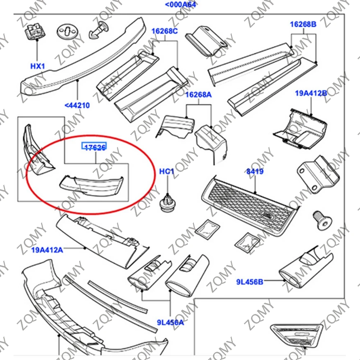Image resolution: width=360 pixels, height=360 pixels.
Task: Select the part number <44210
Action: point(77,106)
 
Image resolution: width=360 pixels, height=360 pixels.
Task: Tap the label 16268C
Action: point(164,31)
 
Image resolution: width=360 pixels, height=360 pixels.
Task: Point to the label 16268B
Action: point(303,24)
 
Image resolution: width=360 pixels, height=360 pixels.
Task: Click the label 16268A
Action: point(199,95)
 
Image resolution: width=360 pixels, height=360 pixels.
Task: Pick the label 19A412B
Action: point(311,94)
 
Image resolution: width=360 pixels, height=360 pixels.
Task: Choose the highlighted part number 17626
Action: point(95,147)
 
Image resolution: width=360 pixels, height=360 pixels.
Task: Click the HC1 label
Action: point(167,172)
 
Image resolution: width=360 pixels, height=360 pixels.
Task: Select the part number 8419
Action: point(255,172)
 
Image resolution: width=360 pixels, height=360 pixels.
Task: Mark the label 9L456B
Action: point(250,282)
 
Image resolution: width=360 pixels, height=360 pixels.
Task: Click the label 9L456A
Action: point(170,322)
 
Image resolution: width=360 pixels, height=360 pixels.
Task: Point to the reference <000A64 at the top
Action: point(181,5)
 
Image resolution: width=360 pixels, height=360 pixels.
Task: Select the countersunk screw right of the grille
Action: point(322,220)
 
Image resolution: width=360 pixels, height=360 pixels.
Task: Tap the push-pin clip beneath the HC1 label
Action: point(167,203)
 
